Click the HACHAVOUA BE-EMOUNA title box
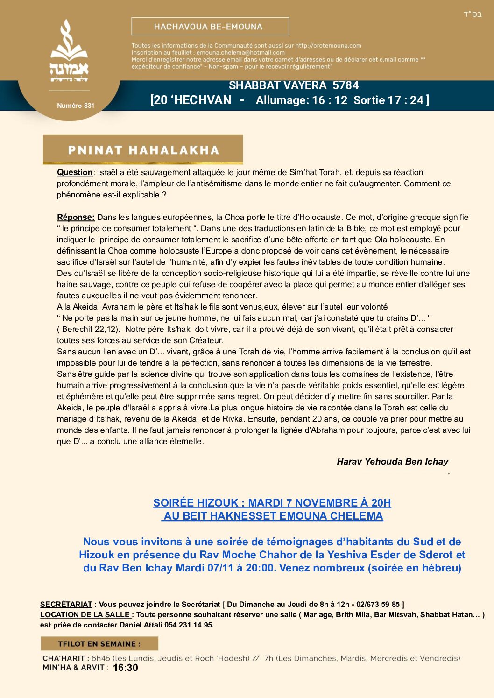pyautogui.click(x=210, y=27)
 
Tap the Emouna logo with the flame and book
pyautogui.click(x=69, y=51)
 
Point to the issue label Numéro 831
pyautogui.click(x=76, y=106)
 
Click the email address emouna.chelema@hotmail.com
pyautogui.click(x=240, y=53)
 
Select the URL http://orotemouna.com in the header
pyautogui.click(x=328, y=46)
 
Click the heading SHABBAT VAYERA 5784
pyautogui.click(x=294, y=85)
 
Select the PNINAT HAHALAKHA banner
pyautogui.click(x=143, y=150)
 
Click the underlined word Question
pyautogui.click(x=75, y=172)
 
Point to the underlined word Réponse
pyautogui.click(x=76, y=217)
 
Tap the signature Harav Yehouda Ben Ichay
pyautogui.click(x=392, y=462)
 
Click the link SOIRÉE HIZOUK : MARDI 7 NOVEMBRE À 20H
pyautogui.click(x=272, y=503)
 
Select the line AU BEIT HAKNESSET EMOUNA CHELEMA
pyautogui.click(x=273, y=516)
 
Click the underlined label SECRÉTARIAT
pyautogui.click(x=66, y=605)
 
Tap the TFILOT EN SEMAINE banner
pyautogui.click(x=99, y=644)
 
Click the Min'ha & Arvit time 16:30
pyautogui.click(x=126, y=668)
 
